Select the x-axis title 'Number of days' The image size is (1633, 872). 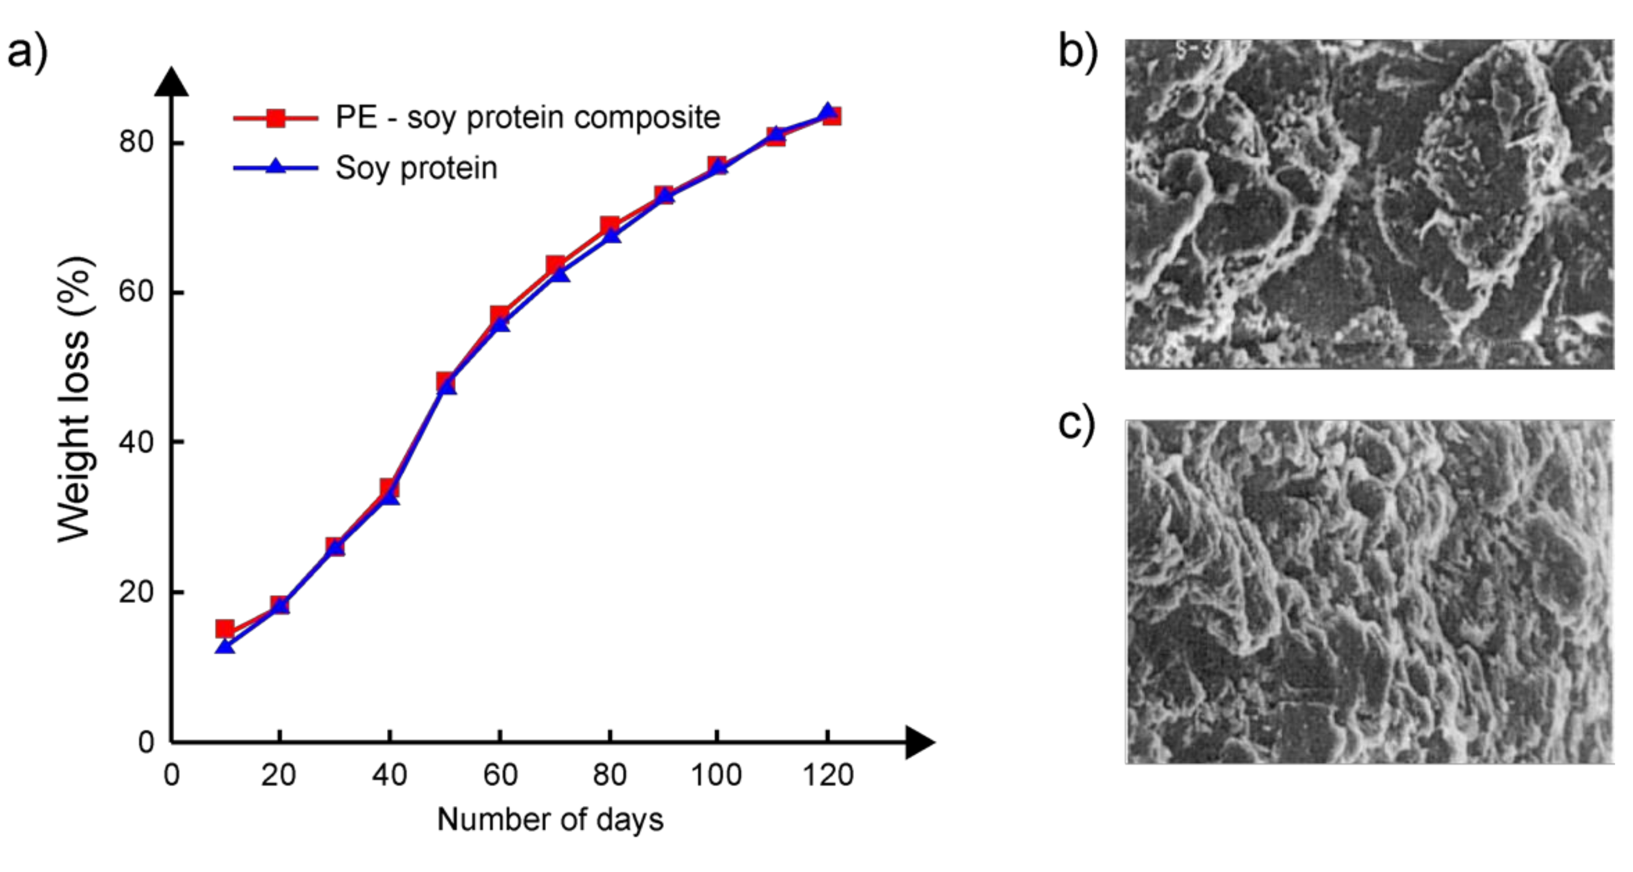click(550, 819)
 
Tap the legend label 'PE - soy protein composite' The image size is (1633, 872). click(527, 118)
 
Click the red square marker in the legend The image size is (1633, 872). click(276, 118)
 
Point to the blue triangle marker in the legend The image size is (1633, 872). click(276, 167)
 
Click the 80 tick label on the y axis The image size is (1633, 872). click(136, 141)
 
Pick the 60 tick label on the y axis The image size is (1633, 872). click(136, 292)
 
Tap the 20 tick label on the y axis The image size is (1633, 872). click(136, 591)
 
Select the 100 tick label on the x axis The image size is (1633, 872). click(716, 775)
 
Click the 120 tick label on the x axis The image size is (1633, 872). click(828, 775)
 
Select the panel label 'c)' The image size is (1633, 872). click(1076, 423)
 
